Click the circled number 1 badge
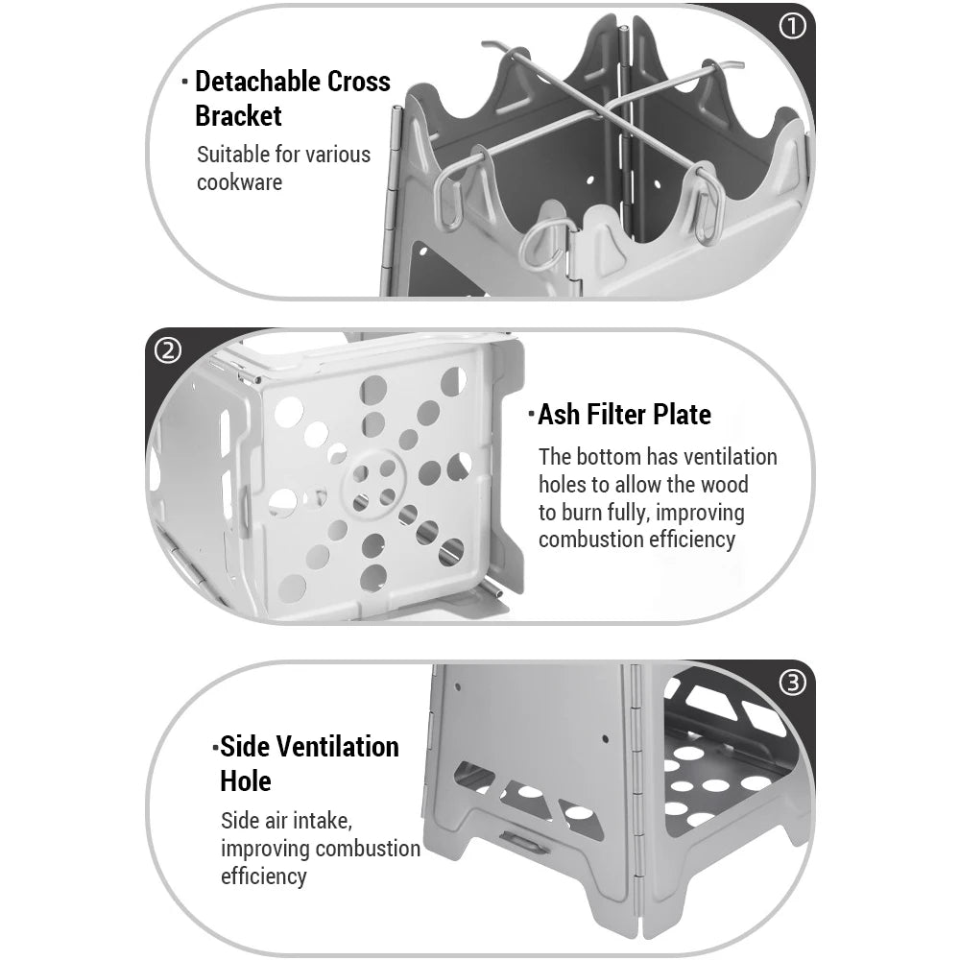click(x=792, y=27)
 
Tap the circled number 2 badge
click(x=168, y=351)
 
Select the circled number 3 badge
click(x=793, y=683)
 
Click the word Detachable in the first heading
click(x=257, y=82)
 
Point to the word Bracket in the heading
click(x=238, y=116)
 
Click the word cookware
click(x=239, y=181)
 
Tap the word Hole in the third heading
click(x=246, y=781)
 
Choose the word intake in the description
click(x=323, y=821)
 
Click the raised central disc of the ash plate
click(x=373, y=483)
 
